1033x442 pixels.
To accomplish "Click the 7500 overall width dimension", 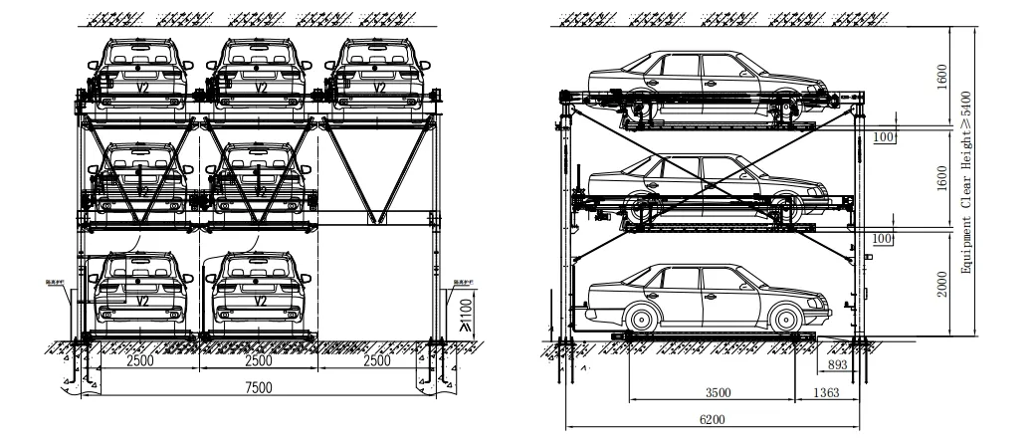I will [260, 388].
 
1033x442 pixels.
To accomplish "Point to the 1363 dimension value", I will [825, 392].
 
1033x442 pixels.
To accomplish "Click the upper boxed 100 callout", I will [884, 136].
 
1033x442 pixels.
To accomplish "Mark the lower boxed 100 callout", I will [884, 239].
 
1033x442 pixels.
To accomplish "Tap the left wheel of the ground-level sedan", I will [643, 320].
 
